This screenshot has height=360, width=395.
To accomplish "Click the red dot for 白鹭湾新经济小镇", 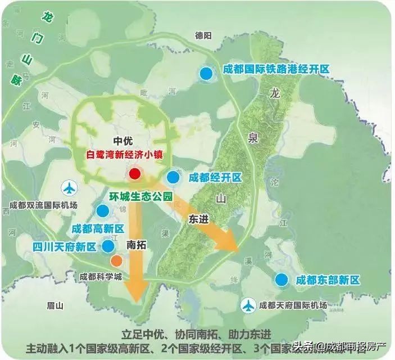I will coord(134,173).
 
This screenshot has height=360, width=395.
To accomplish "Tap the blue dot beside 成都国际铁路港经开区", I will coord(207,74).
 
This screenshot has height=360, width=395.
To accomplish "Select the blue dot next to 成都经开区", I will coord(173,177).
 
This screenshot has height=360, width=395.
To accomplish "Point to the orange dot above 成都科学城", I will coord(116,261).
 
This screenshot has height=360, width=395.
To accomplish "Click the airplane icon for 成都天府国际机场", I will coord(248,306).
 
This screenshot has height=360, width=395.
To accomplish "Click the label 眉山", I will coord(55,305).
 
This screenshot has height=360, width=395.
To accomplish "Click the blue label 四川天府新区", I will coord(64,246).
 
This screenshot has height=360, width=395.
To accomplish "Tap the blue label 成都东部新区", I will coord(327,280).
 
